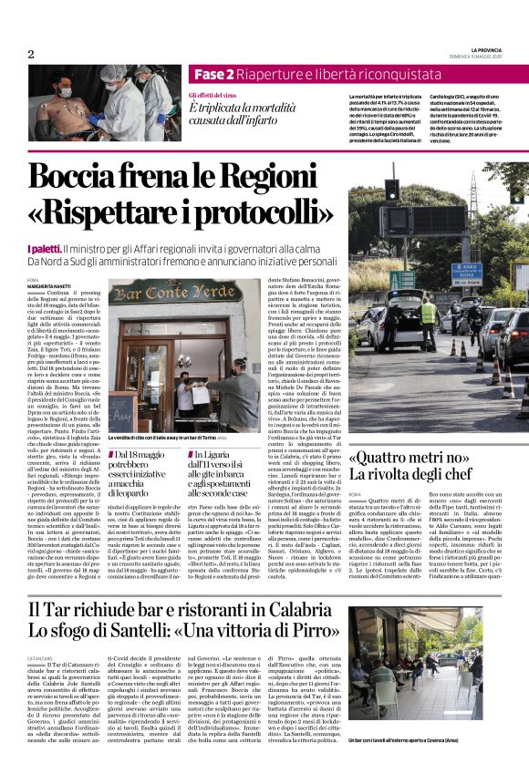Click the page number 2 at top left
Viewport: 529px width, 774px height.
[31, 54]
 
